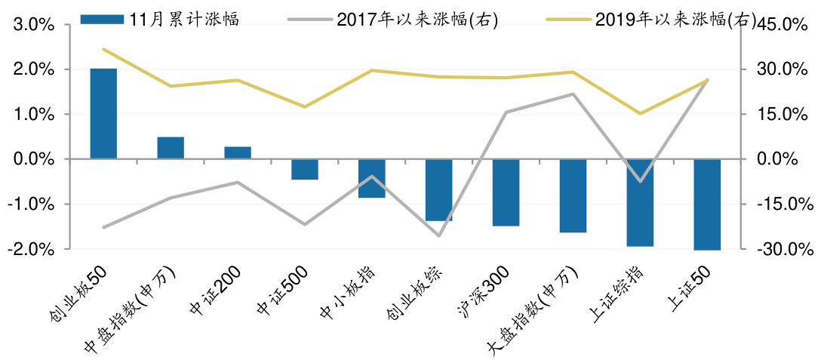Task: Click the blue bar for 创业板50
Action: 103,113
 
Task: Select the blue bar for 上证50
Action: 707,204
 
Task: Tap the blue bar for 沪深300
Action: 506,192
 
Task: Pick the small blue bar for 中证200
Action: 238,152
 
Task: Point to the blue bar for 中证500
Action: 305,169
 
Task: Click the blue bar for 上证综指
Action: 640,202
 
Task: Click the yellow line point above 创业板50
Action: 103,50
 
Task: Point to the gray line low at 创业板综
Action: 439,235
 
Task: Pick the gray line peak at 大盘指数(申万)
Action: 573,94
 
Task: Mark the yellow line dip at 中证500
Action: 305,106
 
